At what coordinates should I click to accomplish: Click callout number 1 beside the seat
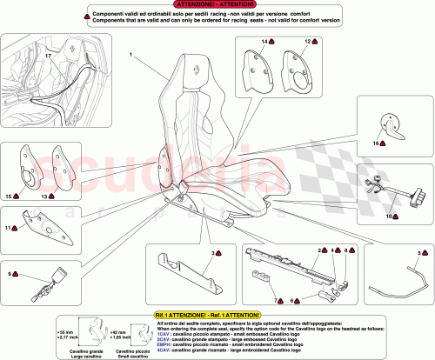point(130,54)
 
